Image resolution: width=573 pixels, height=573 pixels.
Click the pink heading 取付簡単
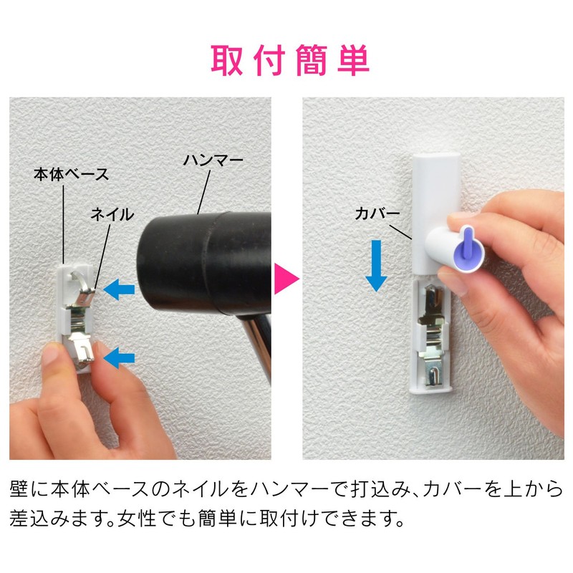[x=290, y=60]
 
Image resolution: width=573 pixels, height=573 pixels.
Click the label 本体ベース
[x=71, y=173]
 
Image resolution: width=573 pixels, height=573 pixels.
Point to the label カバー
[x=375, y=214]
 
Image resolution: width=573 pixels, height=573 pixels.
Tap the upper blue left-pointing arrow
[x=117, y=289]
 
